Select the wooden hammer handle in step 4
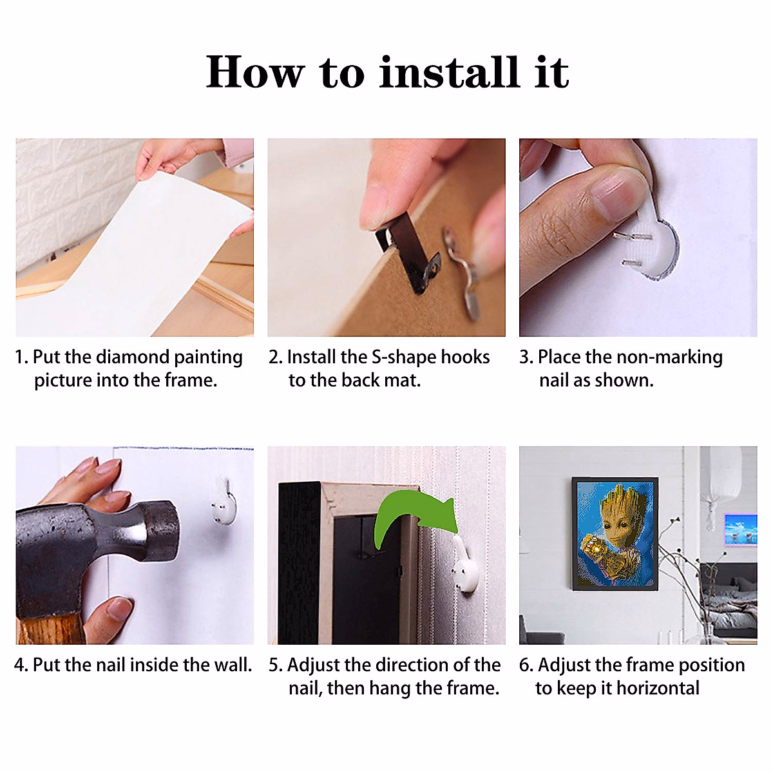[50, 630]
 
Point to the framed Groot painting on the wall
[615, 534]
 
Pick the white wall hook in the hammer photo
[224, 504]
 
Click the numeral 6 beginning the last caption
[524, 665]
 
